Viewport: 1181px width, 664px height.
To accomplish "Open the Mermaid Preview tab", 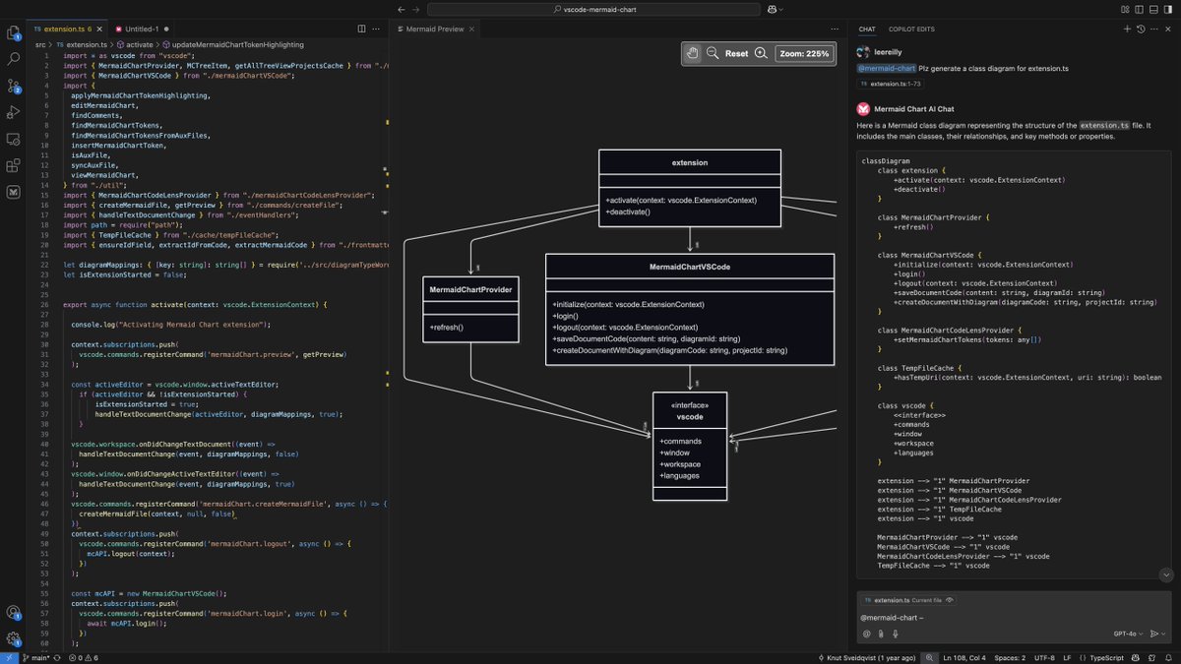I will click(434, 30).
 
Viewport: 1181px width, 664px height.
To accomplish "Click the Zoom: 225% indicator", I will click(802, 53).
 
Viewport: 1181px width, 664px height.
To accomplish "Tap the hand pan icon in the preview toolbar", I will click(693, 53).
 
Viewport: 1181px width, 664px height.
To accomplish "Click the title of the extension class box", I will click(689, 162).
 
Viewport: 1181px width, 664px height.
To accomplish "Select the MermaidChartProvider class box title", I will click(470, 290).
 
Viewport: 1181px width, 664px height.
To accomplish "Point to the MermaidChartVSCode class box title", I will click(690, 268).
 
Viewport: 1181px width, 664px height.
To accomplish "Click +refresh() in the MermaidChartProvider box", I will click(447, 327).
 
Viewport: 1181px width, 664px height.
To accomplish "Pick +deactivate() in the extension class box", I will click(629, 212).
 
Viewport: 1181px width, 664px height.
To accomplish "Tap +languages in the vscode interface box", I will click(682, 476).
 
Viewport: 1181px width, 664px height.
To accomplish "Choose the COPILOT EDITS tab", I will click(911, 30).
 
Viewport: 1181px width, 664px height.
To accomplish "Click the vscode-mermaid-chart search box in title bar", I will click(590, 9).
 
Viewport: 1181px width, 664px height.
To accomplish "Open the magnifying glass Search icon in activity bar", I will click(14, 87).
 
